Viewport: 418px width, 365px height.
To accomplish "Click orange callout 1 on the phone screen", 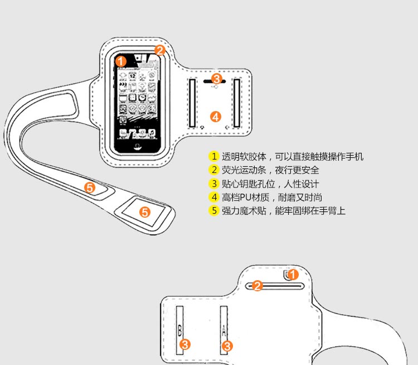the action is pos(121,61).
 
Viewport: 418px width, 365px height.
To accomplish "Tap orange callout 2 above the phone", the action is pos(160,50).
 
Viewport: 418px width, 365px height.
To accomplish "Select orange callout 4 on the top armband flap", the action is pos(216,117).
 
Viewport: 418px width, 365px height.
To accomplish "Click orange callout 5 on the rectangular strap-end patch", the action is pos(145,212).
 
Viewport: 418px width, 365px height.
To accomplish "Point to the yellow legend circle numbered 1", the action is pos(213,156).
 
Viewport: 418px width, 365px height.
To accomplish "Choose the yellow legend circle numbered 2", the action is pos(213,170).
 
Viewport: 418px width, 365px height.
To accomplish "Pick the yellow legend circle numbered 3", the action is pos(213,184).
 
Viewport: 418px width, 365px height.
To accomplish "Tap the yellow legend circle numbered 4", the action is pos(213,197).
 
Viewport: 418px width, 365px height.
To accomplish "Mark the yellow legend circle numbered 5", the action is pos(213,210).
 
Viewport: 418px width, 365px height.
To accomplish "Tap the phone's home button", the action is pos(138,146).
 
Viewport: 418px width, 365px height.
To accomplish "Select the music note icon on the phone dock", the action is pos(152,133).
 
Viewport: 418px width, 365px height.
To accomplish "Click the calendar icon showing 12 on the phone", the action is pos(133,75).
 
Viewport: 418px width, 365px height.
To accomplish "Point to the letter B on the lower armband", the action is pos(179,330).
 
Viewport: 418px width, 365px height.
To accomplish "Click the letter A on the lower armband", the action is pos(223,330).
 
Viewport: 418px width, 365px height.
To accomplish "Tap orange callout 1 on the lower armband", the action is pos(293,275).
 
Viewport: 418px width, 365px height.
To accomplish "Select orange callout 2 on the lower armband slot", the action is pos(257,286).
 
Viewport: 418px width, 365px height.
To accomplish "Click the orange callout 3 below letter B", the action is pos(184,344).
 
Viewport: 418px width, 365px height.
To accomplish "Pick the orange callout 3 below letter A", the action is pos(227,346).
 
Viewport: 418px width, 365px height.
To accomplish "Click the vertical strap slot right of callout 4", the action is pos(236,103).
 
